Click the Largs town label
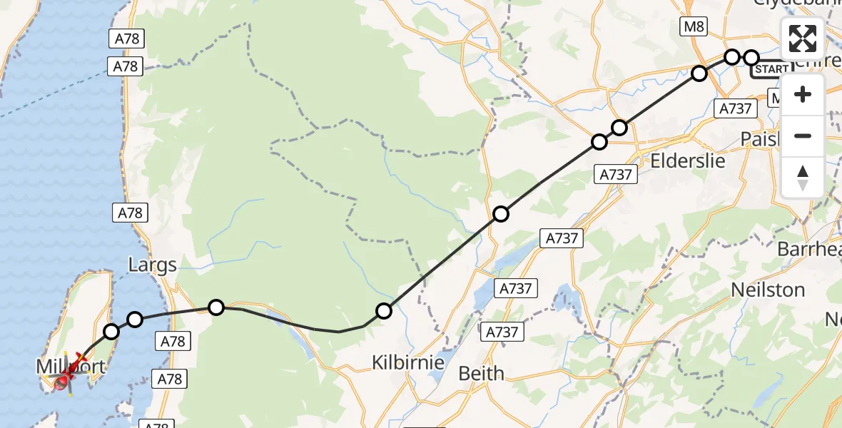[x=152, y=266]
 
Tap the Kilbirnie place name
[x=407, y=362]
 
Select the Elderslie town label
[x=688, y=160]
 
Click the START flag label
[x=771, y=69]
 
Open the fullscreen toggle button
[x=803, y=39]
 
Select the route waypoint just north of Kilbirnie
[x=384, y=310]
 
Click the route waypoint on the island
[x=111, y=331]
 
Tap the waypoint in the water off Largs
[x=135, y=319]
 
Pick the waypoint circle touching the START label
[x=751, y=57]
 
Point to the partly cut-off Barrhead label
[x=809, y=250]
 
